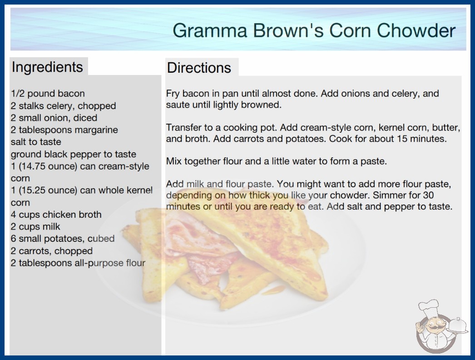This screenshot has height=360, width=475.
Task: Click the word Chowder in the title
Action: click(416, 30)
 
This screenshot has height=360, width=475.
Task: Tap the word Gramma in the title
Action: click(210, 30)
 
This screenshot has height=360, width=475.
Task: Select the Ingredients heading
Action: click(47, 67)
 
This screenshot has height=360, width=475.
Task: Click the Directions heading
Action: click(199, 68)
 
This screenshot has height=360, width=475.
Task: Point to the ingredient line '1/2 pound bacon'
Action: click(48, 94)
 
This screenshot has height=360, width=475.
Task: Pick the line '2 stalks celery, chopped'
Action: click(63, 105)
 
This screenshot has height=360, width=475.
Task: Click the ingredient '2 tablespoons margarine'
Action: click(64, 130)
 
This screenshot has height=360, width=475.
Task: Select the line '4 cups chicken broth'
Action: click(56, 215)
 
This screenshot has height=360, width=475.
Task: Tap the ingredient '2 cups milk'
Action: click(35, 226)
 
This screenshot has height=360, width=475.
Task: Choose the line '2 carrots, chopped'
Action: click(52, 251)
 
